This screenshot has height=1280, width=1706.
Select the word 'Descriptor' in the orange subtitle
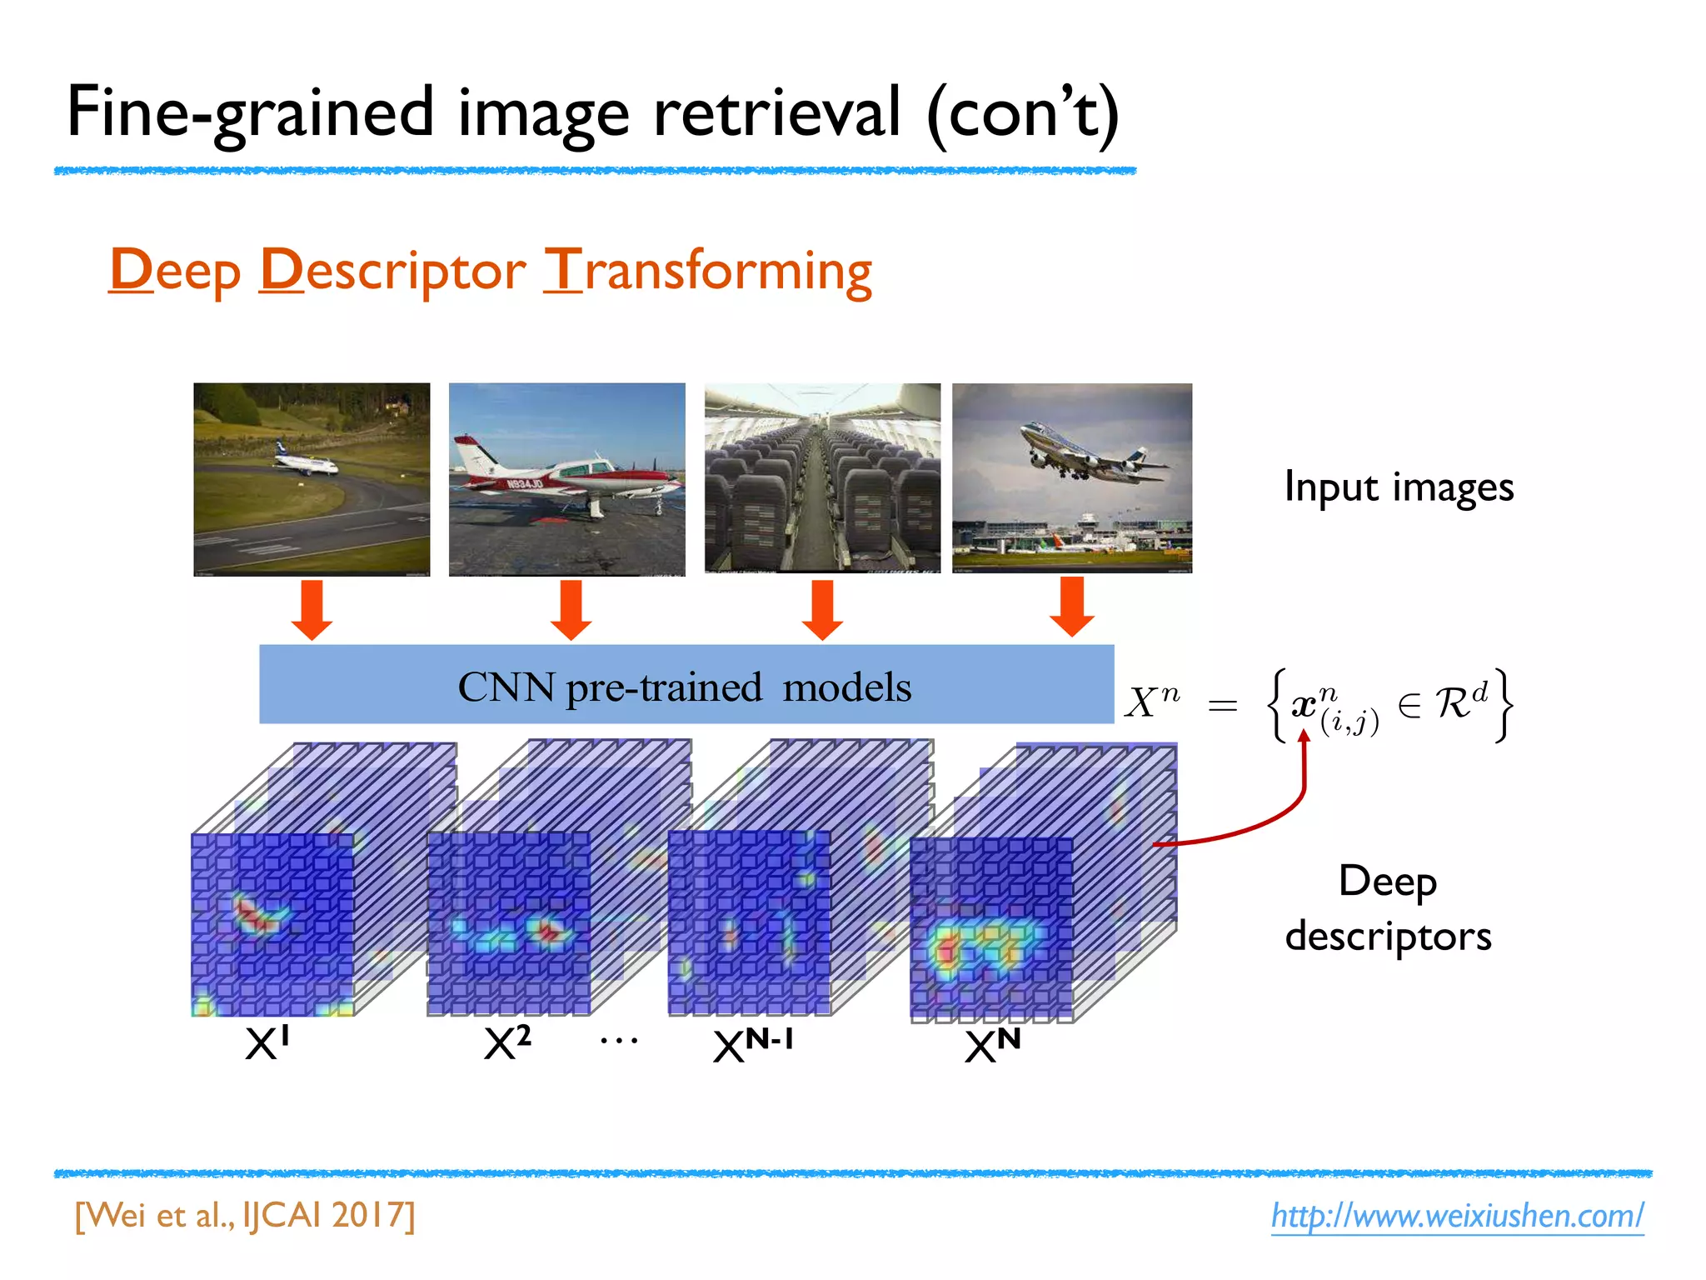click(392, 271)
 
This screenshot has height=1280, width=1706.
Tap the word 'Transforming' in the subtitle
click(707, 271)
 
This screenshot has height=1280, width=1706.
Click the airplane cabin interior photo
click(822, 478)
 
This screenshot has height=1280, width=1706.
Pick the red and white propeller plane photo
click(566, 479)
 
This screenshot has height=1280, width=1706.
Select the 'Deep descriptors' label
click(1388, 908)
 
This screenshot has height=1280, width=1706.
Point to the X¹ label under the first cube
click(267, 1042)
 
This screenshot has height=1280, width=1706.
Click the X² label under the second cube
click(506, 1042)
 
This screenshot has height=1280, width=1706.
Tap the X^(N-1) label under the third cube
click(752, 1045)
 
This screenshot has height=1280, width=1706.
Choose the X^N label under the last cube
click(991, 1045)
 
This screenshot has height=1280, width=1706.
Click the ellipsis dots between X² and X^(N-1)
click(619, 1040)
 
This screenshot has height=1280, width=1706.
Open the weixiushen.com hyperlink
click(1457, 1216)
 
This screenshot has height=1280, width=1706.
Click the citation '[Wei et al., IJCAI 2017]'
click(245, 1216)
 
